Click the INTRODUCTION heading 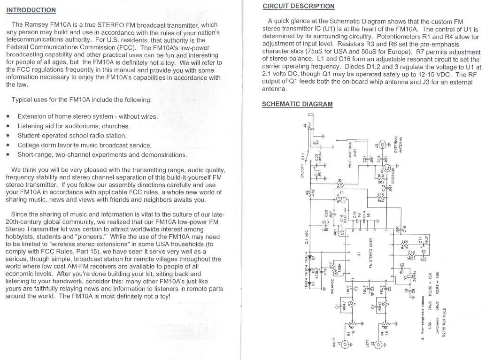[31, 10]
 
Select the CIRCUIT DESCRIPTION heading [299, 6]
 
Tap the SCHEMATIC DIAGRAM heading [297, 104]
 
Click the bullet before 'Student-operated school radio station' [8, 136]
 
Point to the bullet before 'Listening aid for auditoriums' [8, 126]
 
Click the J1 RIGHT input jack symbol [347, 345]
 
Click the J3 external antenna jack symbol [383, 146]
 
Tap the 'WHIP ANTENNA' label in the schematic [350, 156]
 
